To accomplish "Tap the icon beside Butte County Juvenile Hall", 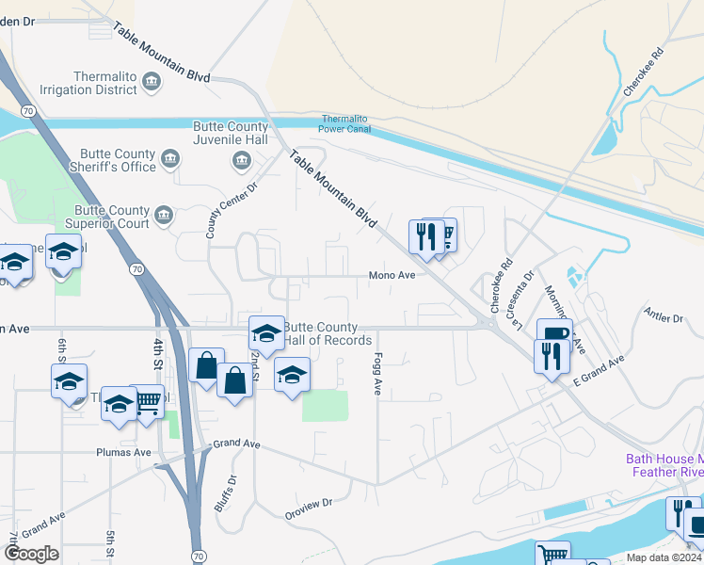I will [242, 159].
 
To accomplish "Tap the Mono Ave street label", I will [392, 276].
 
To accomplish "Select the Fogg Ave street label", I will [376, 374].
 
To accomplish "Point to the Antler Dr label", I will [664, 314].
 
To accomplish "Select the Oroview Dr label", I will [309, 508].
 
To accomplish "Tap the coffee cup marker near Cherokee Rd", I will [554, 333].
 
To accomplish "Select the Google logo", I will [32, 554].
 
